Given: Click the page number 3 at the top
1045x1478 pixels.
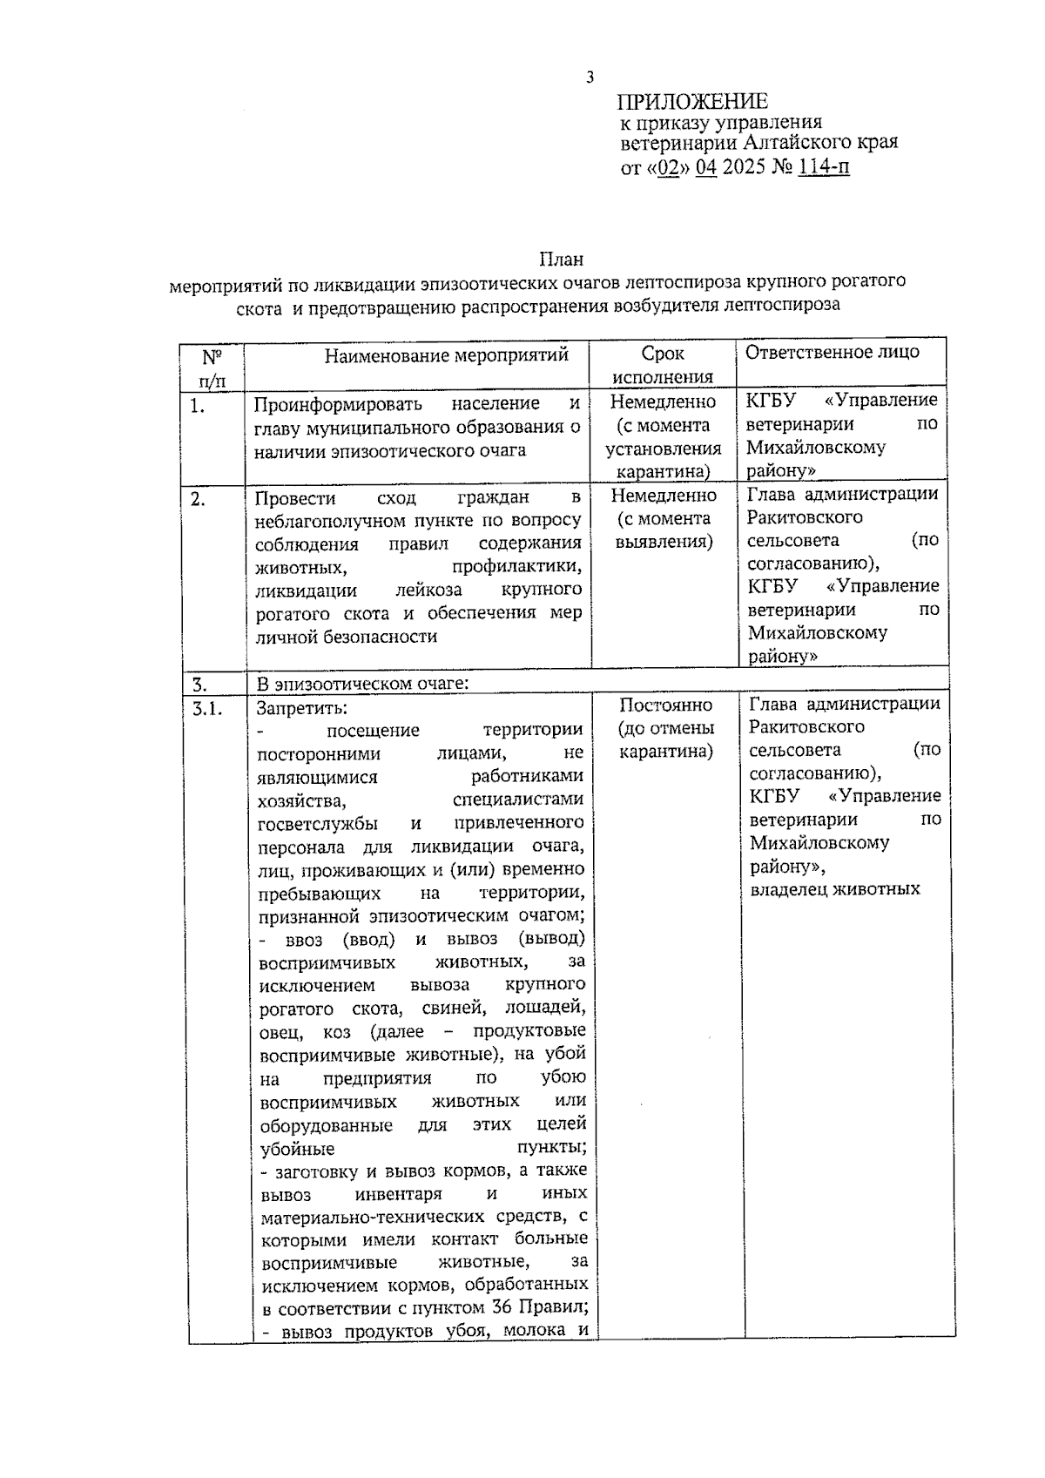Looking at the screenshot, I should tap(590, 78).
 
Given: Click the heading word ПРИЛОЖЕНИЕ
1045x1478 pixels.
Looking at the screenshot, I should tap(693, 102).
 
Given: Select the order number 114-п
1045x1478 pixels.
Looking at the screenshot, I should tap(823, 166).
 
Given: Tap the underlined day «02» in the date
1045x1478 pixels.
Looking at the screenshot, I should tap(668, 166).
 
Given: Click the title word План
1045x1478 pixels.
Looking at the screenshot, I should tap(561, 260).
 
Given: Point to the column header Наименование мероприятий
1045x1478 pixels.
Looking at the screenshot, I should tap(446, 354).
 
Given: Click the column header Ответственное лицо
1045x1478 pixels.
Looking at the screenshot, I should tap(832, 352).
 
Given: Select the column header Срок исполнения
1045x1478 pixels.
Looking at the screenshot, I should tap(663, 365).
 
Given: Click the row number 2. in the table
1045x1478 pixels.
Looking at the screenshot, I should tap(199, 500).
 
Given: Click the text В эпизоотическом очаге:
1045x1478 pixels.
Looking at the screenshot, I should tap(362, 683).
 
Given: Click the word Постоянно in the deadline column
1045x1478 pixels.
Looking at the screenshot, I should tap(665, 705).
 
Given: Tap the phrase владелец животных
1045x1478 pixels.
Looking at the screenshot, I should tap(834, 889).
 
